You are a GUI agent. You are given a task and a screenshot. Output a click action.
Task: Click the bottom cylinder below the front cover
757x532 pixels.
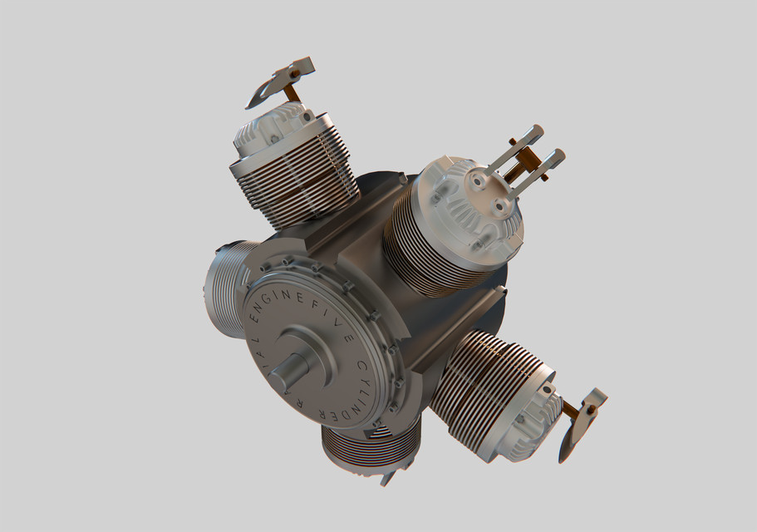366,449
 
